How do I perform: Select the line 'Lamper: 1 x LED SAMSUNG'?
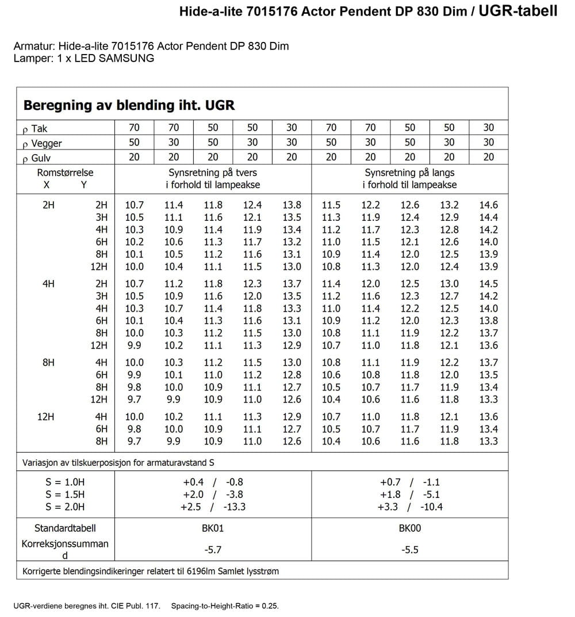coord(84,58)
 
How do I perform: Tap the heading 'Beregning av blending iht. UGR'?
coord(129,105)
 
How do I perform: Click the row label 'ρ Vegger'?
coord(42,143)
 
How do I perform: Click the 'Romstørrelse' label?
coord(65,173)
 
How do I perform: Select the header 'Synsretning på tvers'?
coord(213,173)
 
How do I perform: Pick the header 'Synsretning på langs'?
coord(409,173)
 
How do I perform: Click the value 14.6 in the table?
coord(488,205)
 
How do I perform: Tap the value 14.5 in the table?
coord(488,283)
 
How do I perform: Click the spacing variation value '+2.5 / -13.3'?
coord(213,507)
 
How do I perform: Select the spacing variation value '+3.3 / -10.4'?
coord(410,507)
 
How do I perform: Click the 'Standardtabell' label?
coord(65,528)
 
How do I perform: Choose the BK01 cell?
coord(213,528)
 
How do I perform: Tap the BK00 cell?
coord(410,528)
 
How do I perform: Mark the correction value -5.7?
coord(213,550)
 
